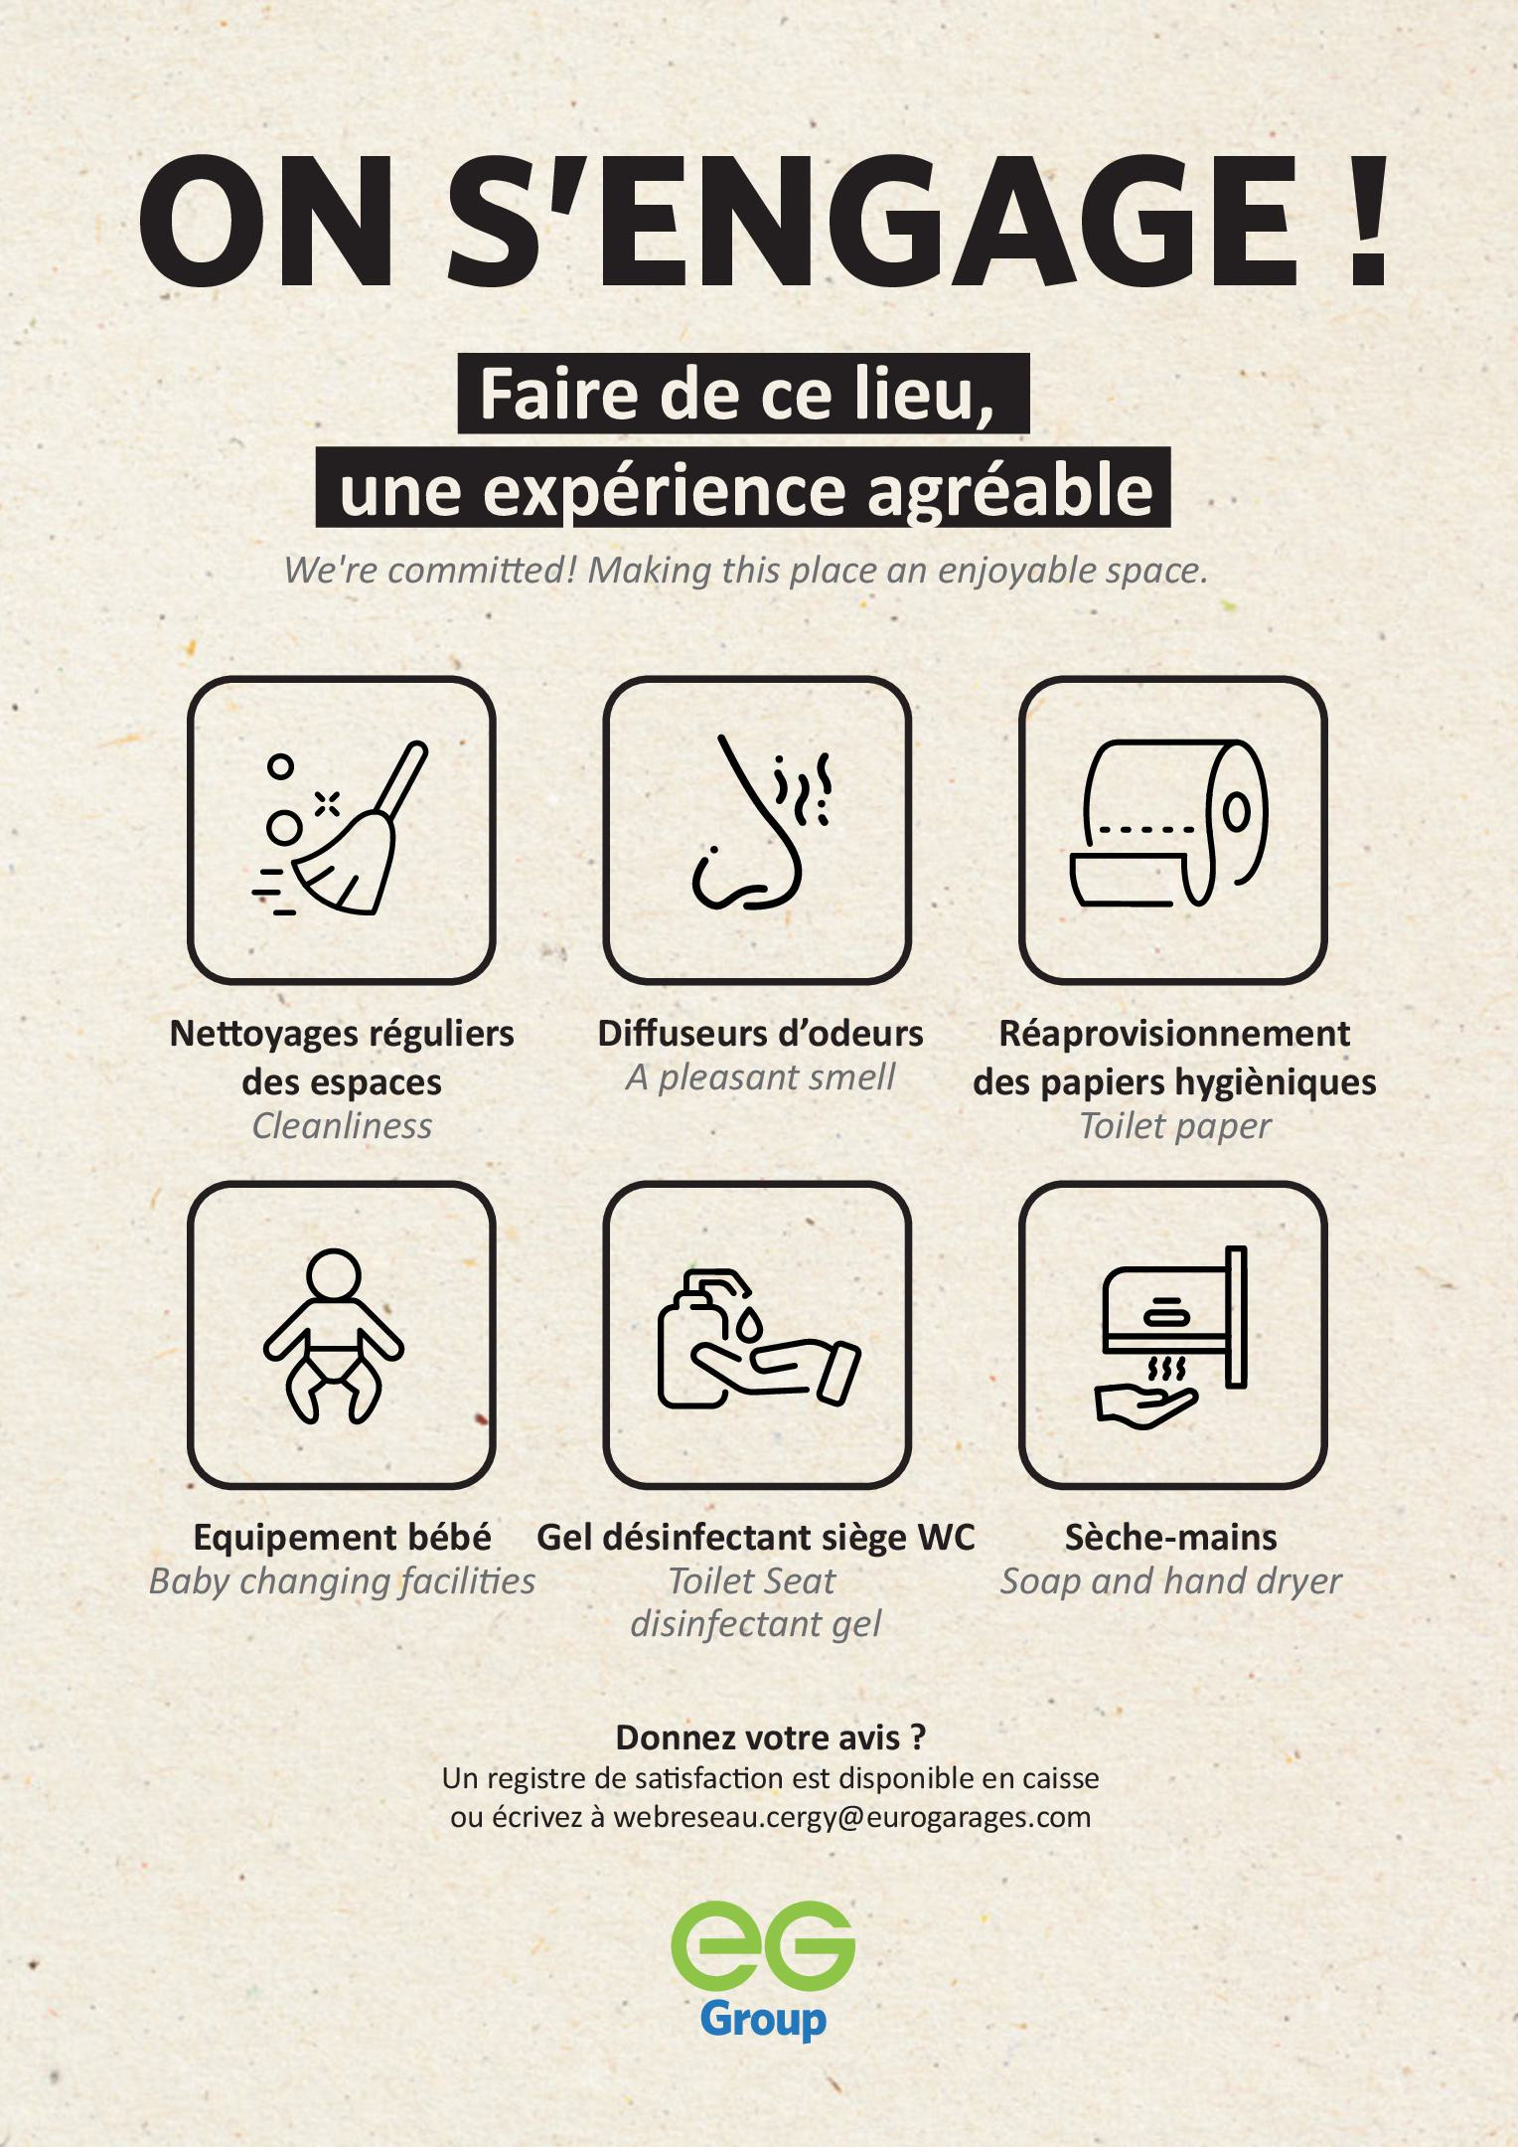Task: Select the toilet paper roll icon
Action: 1169,823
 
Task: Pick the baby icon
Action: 334,1335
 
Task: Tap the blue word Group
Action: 763,2020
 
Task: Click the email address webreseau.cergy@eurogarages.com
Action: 852,1817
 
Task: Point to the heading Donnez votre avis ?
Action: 771,1737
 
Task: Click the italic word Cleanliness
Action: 342,1126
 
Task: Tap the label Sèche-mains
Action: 1171,1538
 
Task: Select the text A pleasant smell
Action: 760,1077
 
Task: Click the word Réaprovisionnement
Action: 1174,1034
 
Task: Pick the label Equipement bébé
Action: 342,1538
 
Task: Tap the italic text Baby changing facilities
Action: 342,1581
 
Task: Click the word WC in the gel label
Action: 947,1538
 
